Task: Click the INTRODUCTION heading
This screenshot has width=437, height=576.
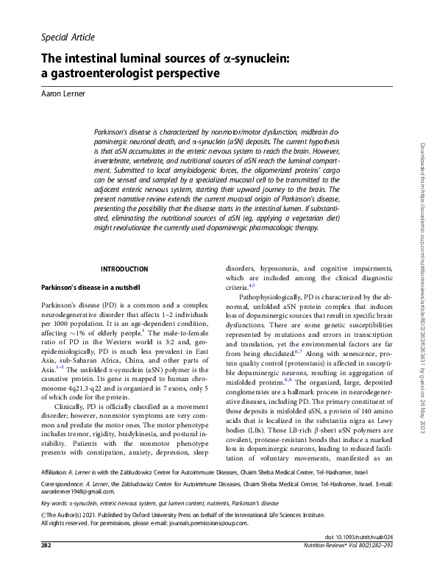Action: (x=124, y=269)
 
